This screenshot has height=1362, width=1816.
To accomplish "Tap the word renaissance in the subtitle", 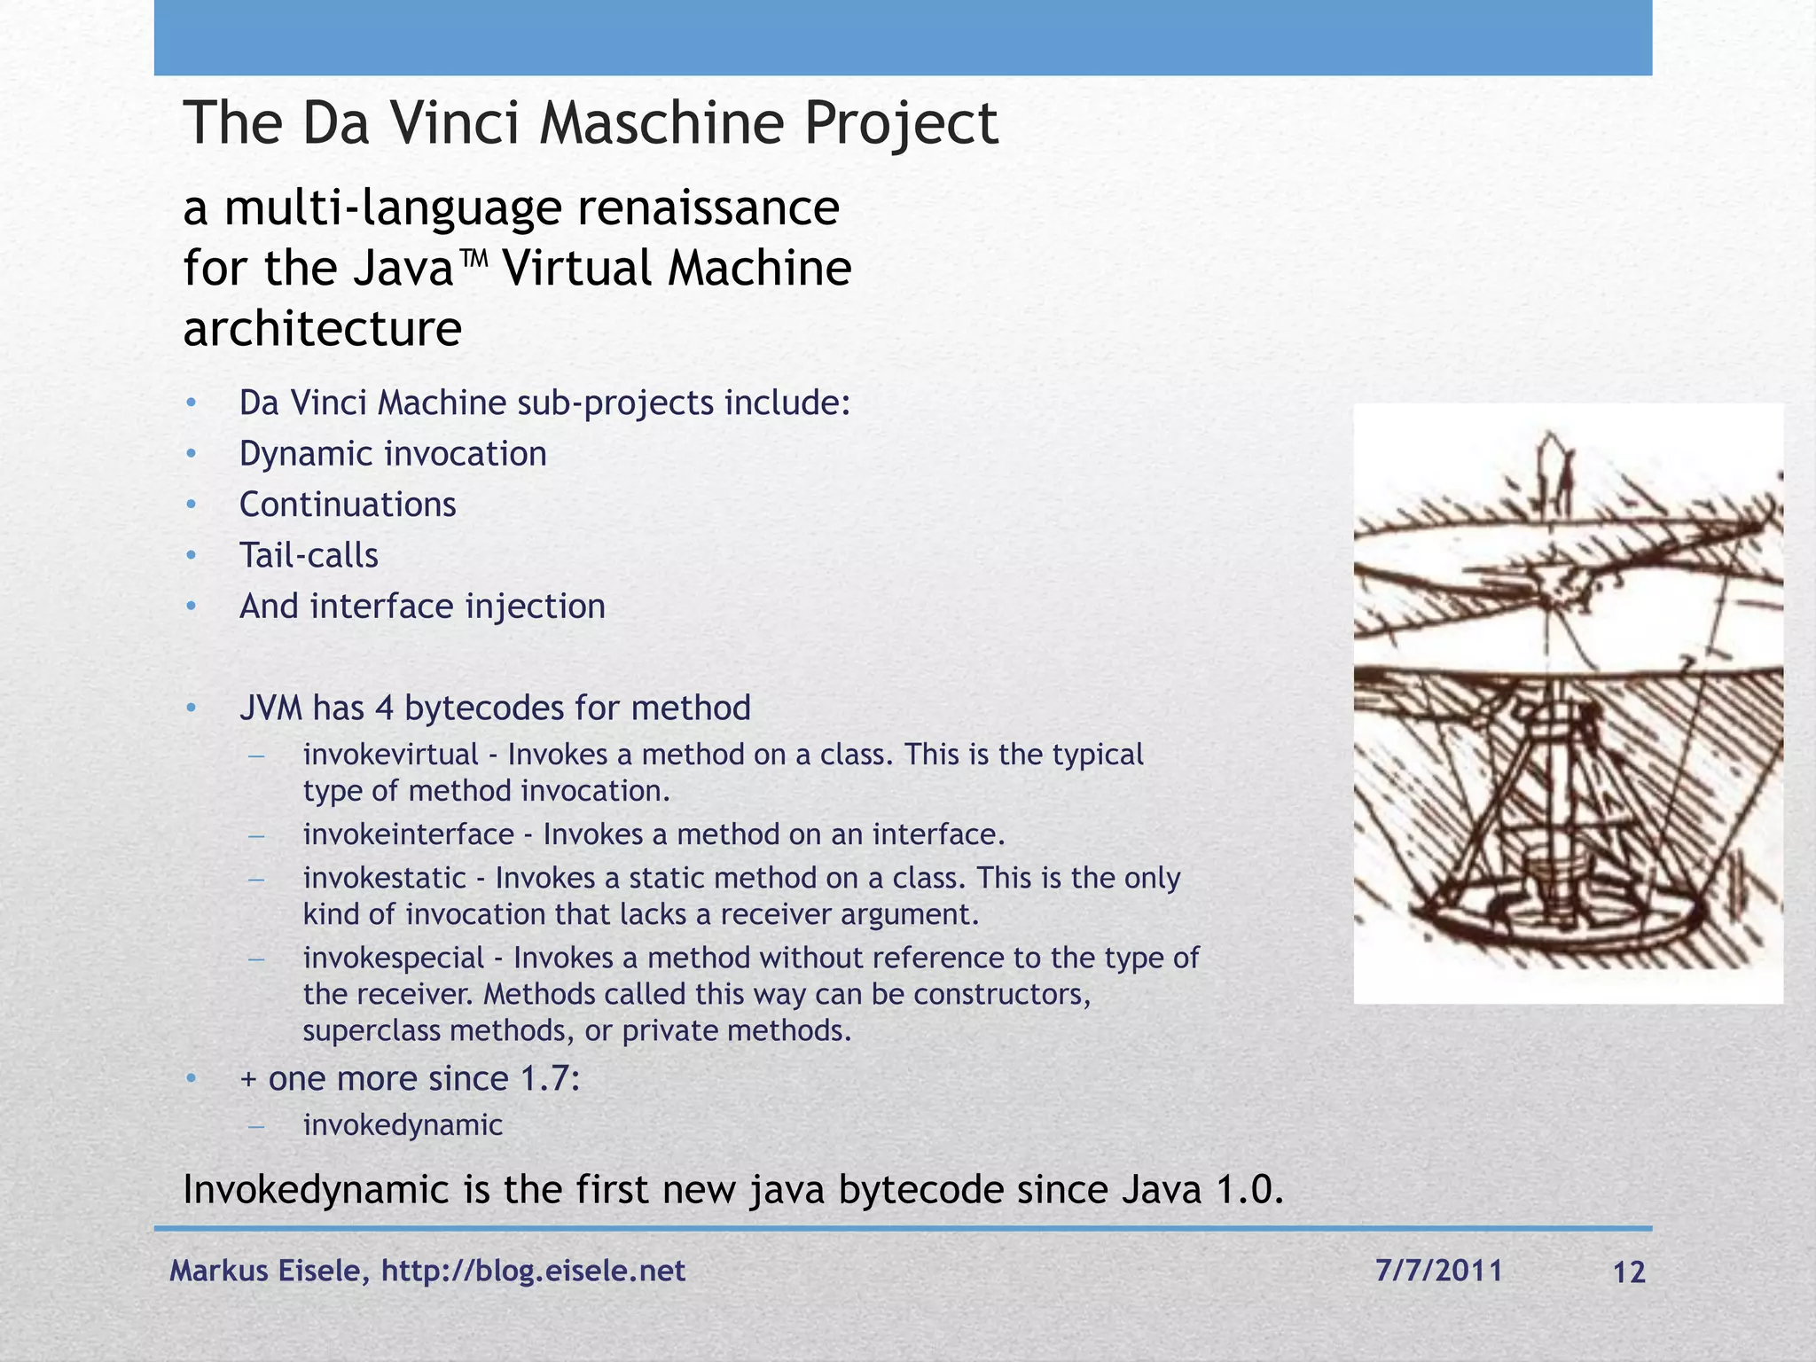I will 708,209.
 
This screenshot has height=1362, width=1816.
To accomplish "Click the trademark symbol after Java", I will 475,261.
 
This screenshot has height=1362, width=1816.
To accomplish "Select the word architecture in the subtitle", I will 322,330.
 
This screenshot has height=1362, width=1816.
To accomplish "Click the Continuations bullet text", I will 348,505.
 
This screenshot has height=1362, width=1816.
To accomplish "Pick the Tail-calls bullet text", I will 309,556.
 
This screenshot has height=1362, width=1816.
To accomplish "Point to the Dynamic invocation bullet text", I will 393,454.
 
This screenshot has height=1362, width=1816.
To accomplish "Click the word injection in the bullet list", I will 535,607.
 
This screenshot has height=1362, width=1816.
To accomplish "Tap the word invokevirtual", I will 390,755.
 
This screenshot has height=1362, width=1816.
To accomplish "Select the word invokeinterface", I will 408,834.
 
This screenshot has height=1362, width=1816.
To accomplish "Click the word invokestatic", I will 384,878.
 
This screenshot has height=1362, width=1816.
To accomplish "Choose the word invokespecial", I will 394,958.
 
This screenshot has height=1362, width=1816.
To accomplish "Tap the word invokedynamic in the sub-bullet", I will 403,1125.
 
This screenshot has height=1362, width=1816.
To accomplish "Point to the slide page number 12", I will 1629,1272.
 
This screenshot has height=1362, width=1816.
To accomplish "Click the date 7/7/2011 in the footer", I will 1439,1271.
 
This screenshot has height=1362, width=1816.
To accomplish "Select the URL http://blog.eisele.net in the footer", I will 533,1271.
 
